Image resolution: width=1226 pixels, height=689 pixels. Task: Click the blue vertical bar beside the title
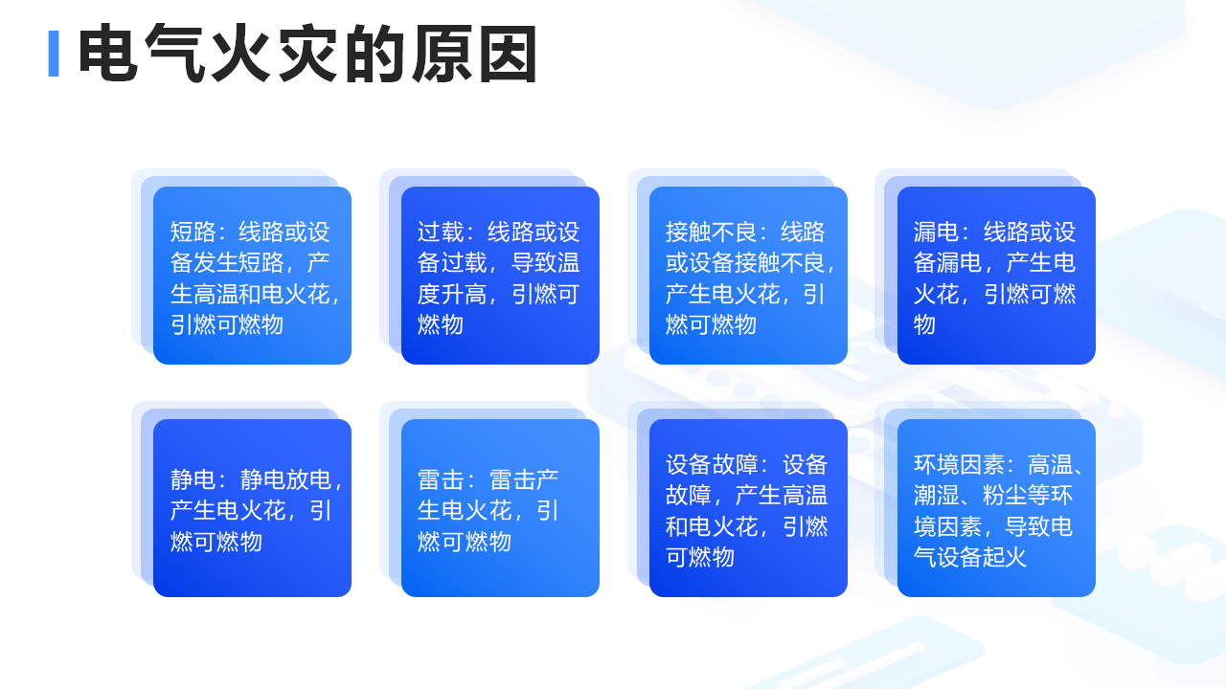pos(54,54)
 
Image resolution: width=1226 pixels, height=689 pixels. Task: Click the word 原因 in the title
pos(474,54)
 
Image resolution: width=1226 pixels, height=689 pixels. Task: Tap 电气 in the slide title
pos(141,54)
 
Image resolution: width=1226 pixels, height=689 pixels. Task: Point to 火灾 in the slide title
pos(274,54)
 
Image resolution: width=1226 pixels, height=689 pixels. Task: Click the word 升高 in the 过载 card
pos(464,294)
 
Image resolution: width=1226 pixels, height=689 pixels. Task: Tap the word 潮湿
pos(937,495)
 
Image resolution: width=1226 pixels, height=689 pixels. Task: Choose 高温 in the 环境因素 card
pos(1052,464)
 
